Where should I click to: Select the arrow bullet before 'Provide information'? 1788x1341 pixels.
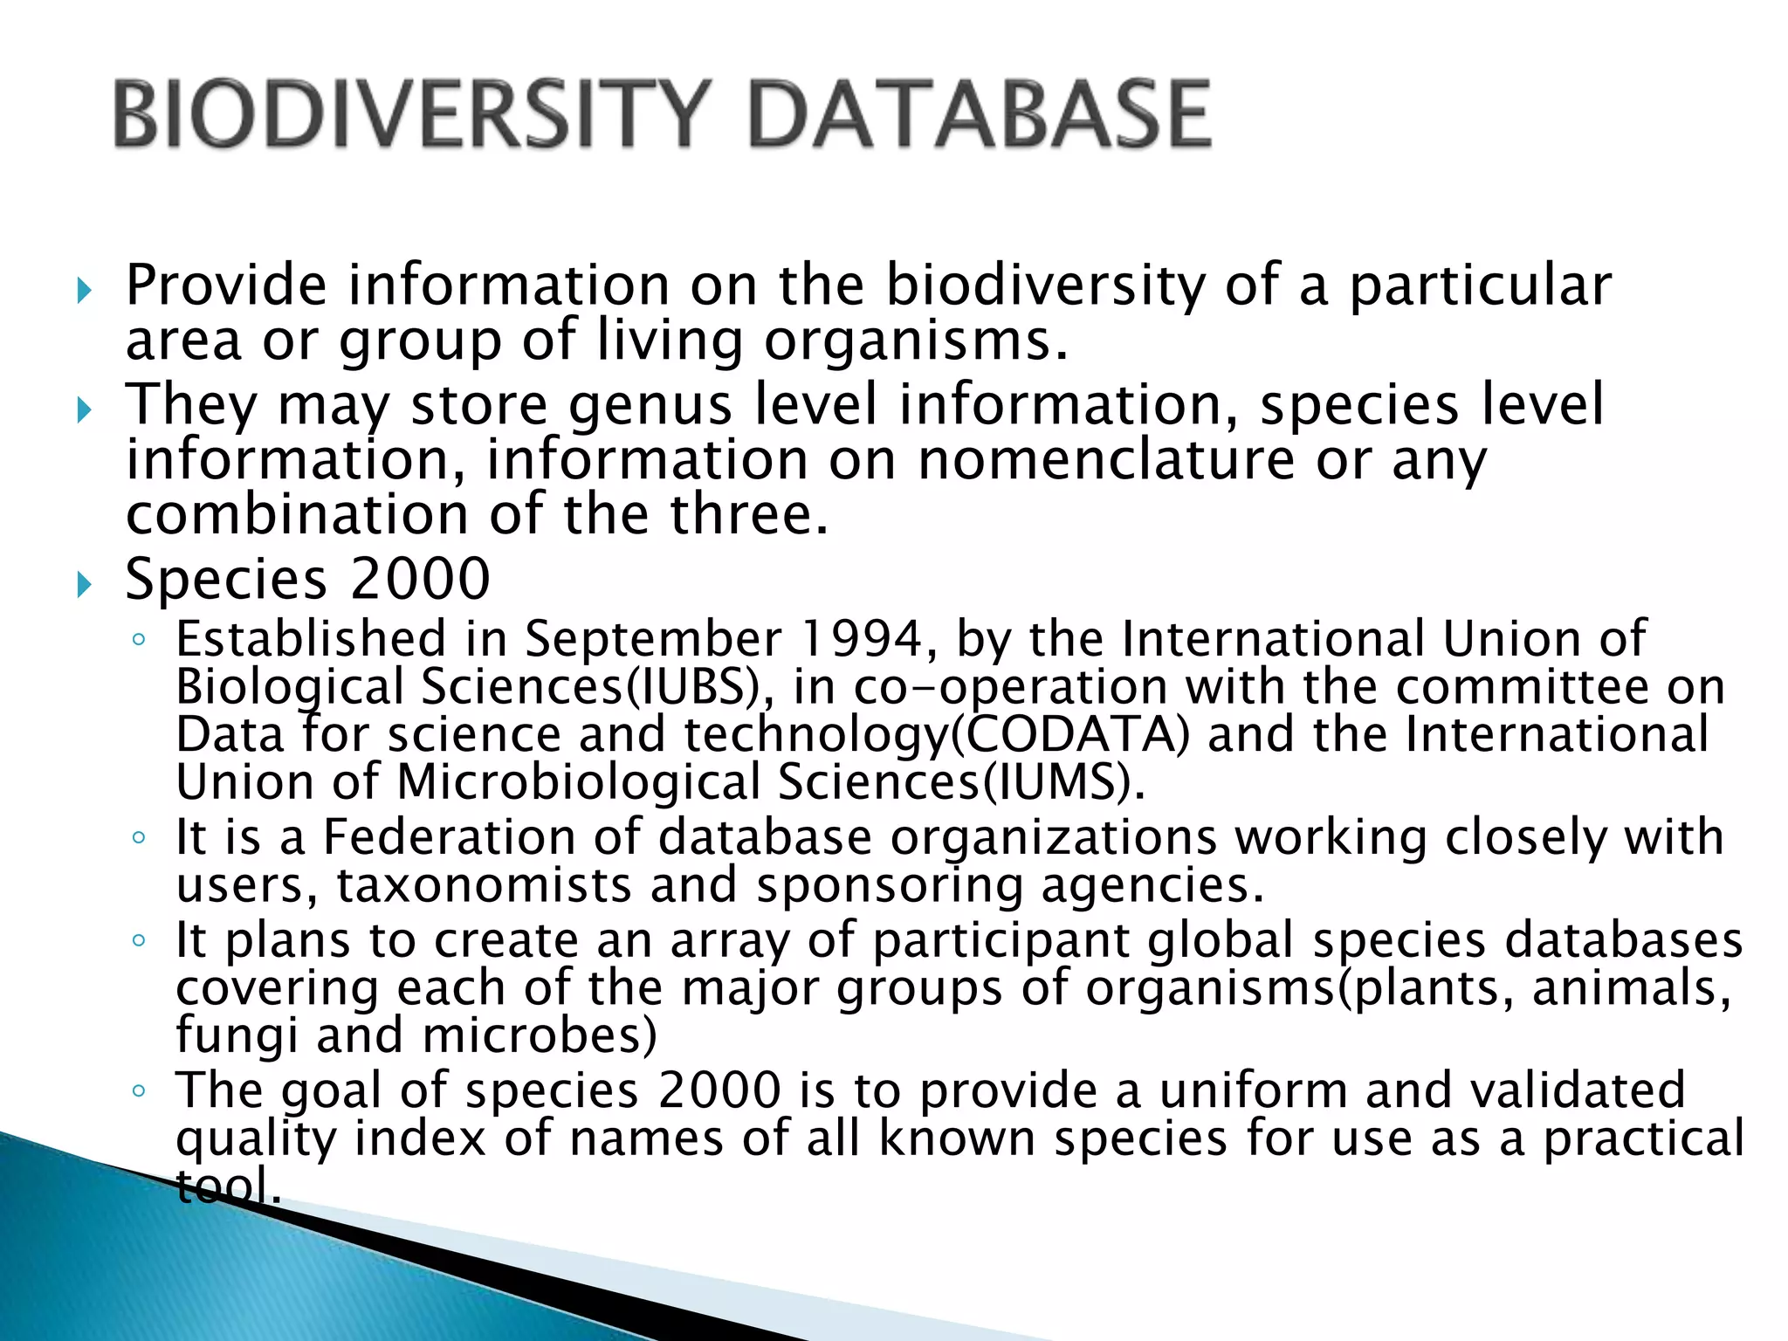pyautogui.click(x=84, y=290)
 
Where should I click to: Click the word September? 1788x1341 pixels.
pyautogui.click(x=653, y=639)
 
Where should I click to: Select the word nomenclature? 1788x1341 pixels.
pyautogui.click(x=1106, y=460)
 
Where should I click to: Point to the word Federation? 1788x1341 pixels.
pyautogui.click(x=450, y=837)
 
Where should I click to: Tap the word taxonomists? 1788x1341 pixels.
pyautogui.click(x=484, y=885)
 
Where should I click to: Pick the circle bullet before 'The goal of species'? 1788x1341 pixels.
pyautogui.click(x=138, y=1091)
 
